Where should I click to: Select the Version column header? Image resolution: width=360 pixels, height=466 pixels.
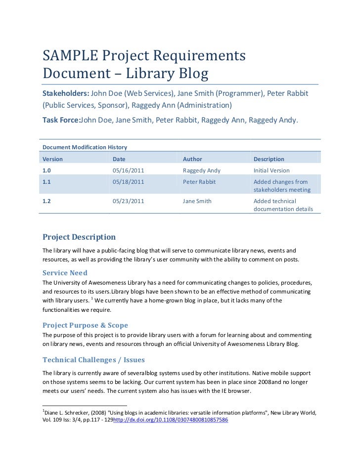53,159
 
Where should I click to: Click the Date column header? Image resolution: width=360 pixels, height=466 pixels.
119,159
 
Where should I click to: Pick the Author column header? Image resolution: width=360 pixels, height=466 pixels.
192,159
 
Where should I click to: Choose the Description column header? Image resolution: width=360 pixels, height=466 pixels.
269,159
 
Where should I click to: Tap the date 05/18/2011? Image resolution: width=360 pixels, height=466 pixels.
128,182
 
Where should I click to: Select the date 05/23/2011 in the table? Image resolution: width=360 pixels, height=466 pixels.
128,201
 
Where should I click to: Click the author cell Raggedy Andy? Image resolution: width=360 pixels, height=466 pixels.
201,170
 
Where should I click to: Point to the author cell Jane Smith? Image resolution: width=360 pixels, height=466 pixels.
197,201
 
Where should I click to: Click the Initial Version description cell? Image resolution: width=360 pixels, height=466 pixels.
271,170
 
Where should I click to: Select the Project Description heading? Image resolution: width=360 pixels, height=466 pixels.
79,237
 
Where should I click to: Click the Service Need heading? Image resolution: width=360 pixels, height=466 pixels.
65,273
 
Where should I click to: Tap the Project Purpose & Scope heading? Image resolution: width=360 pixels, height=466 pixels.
85,325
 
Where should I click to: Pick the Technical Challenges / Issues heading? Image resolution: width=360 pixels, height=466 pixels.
93,360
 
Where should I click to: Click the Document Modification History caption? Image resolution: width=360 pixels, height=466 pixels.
85,147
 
